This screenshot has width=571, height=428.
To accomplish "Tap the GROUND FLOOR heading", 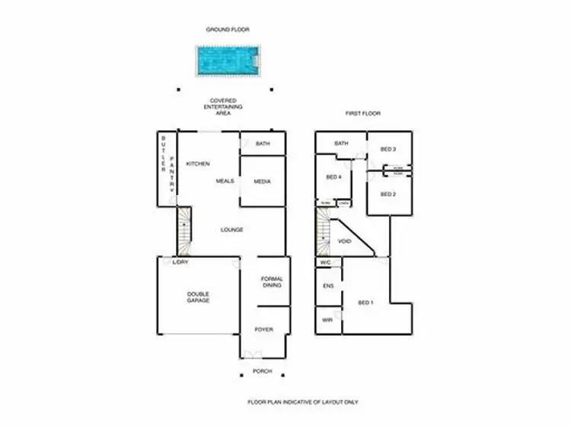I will point(228,30).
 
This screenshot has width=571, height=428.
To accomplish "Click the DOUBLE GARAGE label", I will point(198,297).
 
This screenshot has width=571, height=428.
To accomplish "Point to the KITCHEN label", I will point(198,164).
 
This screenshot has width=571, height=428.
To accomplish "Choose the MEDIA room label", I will point(263,181).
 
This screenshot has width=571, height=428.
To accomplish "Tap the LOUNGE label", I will point(232,229).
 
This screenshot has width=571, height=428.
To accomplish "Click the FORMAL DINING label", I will point(272,282).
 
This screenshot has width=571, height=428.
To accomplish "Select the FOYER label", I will point(263,330).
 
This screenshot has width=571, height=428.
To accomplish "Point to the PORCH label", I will point(262,372).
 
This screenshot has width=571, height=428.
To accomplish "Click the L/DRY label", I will point(180,262).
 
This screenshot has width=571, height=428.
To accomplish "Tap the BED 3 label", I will point(388,149).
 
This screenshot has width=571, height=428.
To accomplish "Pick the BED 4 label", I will point(333,177).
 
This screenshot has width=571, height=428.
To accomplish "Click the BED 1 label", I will point(365,302).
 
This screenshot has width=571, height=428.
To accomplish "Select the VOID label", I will point(344,241).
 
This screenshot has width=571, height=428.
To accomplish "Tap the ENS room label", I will point(328,286).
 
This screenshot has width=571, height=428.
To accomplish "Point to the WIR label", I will point(327,321).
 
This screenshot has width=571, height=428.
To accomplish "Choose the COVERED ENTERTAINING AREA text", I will point(223,107).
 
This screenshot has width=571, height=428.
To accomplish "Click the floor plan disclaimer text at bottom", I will point(302,401).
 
